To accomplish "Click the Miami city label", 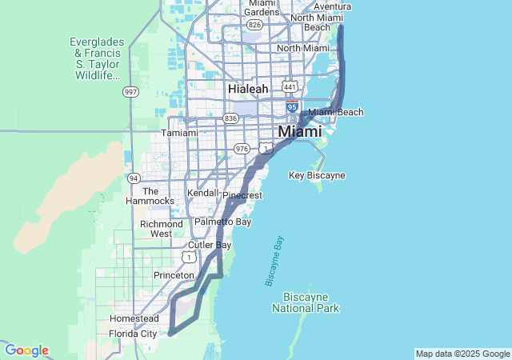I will pos(300,131).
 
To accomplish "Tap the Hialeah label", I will pos(248,89).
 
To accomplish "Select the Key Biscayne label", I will pos(317,175).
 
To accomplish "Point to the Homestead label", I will pos(134,318).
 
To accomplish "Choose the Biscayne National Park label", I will pos(306,302).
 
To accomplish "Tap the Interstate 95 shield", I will pos(292,106).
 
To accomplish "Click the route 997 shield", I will pos(130,93).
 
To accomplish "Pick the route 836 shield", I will pos(231,118).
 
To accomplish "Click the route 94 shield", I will pos(134,178).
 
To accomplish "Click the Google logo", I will pos(26,350).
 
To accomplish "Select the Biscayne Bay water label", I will pos(274,261).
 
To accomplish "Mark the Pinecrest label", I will pos(242,195).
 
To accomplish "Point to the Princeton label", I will pos(174,275).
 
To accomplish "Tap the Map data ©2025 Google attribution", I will pos(462,354).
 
